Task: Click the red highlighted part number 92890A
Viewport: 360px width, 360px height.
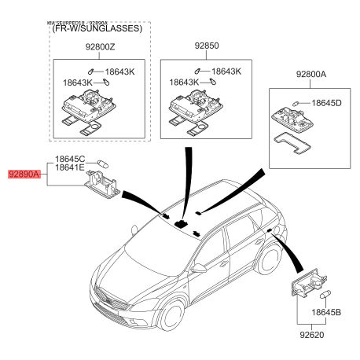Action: (x=24, y=176)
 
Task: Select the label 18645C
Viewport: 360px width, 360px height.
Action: (x=70, y=160)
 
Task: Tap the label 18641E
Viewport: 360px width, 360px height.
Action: (x=70, y=169)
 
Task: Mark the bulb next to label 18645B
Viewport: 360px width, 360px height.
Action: (x=325, y=294)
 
